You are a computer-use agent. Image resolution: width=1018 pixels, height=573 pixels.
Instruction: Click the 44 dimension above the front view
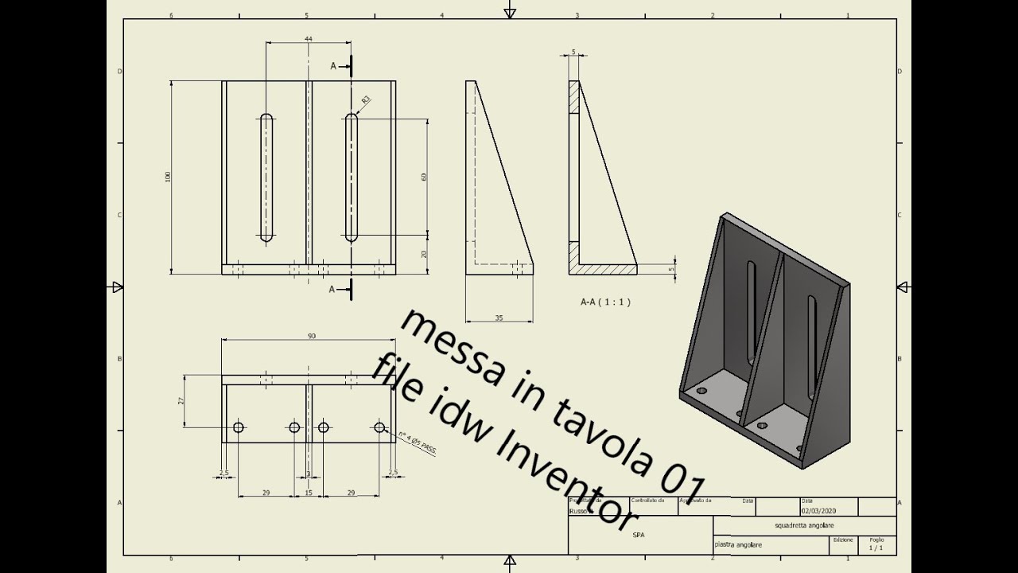(x=308, y=38)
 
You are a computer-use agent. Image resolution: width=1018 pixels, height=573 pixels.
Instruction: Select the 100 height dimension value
(x=168, y=177)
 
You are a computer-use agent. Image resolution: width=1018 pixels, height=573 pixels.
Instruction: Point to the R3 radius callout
(x=366, y=99)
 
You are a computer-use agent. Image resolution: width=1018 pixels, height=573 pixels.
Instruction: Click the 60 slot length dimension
(x=424, y=177)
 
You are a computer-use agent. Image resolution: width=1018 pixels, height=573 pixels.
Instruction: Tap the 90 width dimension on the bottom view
(x=311, y=336)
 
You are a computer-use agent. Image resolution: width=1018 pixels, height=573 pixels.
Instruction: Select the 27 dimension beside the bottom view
(x=181, y=401)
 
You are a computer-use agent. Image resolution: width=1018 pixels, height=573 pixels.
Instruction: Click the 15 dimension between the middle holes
(x=309, y=493)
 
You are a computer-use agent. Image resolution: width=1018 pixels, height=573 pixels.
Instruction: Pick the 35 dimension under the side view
(x=499, y=318)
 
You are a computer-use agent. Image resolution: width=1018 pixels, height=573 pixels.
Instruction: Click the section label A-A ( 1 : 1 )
(x=605, y=302)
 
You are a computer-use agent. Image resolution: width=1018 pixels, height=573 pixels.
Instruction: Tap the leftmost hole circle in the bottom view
(x=239, y=427)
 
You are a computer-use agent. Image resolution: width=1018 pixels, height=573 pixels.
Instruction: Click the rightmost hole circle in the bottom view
(x=379, y=427)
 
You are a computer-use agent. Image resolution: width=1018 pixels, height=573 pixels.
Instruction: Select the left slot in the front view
(x=266, y=177)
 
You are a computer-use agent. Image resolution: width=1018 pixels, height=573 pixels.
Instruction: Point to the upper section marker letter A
(x=333, y=66)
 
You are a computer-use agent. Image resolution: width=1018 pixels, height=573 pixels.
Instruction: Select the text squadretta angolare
(x=804, y=526)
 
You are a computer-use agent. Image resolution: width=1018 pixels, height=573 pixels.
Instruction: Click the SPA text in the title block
(x=639, y=536)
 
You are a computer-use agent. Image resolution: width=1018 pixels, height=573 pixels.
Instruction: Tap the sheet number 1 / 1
(x=876, y=548)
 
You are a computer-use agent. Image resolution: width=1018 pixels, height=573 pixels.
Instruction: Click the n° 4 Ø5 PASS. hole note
(x=417, y=443)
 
